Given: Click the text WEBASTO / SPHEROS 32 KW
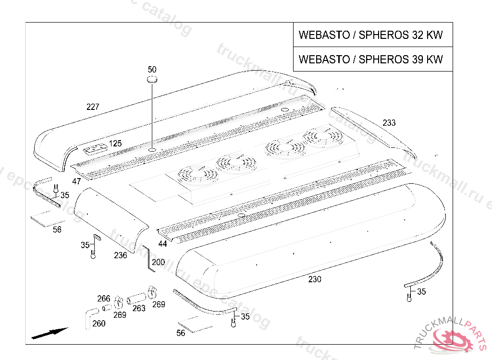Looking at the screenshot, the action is pos(370,35).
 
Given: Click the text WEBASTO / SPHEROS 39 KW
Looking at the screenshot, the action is pos(370,60).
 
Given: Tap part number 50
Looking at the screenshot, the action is pos(152,70).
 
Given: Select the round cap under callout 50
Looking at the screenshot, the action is pos(152,79).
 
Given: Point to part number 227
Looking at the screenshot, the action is pos(93,107).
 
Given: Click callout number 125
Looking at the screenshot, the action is pos(115,144).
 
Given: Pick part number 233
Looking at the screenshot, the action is pos(389,123).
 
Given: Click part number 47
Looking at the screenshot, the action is pos(76,181).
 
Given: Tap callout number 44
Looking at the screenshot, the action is pos(163,244).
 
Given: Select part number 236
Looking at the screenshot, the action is pos(120,255).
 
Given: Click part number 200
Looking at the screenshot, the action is pos(158,263).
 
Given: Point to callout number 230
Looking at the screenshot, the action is pos(315,279).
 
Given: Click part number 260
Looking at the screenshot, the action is pos(98,324).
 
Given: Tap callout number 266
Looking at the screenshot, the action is pos(104,299).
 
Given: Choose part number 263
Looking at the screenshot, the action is pos(139,308).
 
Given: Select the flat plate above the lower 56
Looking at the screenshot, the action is pos(194,324).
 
